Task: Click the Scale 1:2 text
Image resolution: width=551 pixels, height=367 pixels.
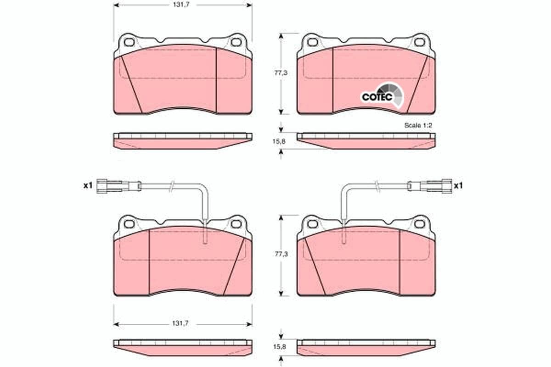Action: click(418, 125)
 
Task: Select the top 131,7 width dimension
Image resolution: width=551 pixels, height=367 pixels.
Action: click(183, 6)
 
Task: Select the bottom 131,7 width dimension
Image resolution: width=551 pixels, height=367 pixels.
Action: click(183, 324)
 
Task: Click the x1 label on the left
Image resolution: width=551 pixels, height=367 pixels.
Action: click(88, 185)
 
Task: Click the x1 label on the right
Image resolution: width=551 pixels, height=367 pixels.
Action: click(458, 185)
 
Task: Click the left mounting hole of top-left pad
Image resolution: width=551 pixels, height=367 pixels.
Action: click(129, 43)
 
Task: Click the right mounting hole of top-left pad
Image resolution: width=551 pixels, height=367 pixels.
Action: click(236, 43)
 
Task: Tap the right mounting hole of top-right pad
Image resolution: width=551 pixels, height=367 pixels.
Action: click(419, 43)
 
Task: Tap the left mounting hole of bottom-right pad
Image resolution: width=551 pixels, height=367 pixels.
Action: click(313, 224)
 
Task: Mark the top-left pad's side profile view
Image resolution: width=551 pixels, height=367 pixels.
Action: click(182, 141)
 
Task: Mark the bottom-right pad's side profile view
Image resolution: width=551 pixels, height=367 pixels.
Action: click(366, 347)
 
